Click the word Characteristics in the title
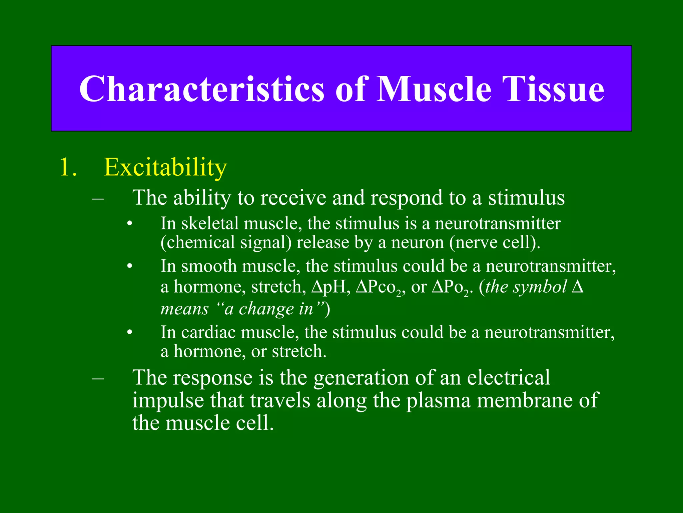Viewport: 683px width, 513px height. [201, 89]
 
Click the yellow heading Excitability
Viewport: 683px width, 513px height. [165, 167]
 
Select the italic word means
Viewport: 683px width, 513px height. [184, 309]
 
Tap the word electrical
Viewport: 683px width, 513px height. [508, 378]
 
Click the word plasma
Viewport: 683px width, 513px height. [438, 400]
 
